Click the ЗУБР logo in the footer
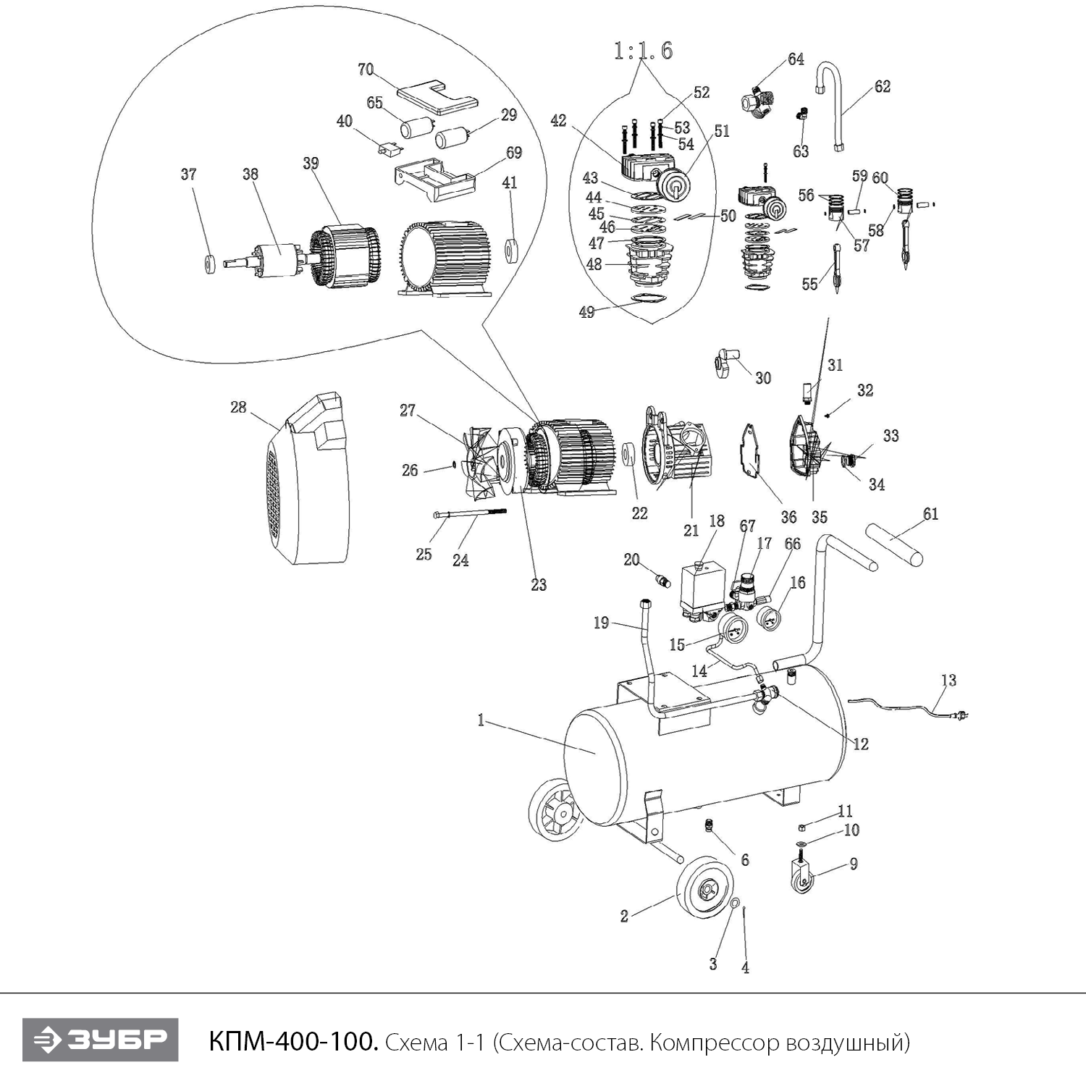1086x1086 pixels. pos(100,1040)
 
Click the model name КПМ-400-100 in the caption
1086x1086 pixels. pos(293,1042)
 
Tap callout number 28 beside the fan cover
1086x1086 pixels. pos(238,408)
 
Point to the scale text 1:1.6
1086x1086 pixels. pos(643,51)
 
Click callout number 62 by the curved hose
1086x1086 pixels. pos(882,87)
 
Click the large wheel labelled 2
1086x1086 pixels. pos(699,887)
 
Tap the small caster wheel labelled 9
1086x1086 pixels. pos(801,879)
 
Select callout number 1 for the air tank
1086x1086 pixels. pos(480,720)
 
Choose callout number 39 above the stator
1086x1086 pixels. pos(311,163)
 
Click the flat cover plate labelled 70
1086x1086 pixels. pos(437,95)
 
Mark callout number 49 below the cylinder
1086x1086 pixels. pos(586,312)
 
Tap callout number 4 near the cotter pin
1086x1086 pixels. pos(745,968)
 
